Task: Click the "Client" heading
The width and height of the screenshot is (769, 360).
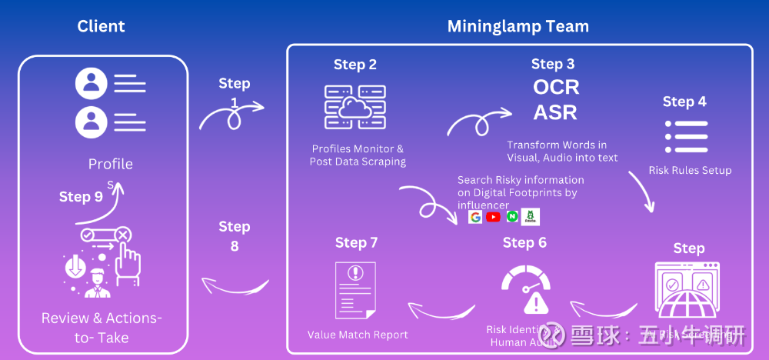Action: click(101, 27)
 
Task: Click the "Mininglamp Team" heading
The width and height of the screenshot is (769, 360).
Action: click(518, 27)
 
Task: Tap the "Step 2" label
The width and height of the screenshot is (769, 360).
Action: click(355, 65)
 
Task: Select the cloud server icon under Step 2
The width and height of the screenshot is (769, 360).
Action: click(355, 107)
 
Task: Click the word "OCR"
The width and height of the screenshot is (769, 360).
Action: click(556, 87)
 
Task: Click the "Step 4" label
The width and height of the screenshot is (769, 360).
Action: click(684, 102)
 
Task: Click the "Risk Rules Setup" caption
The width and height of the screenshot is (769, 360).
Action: click(690, 170)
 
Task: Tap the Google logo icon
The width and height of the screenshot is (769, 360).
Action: click(475, 217)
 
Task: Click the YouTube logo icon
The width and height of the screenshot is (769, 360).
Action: click(493, 217)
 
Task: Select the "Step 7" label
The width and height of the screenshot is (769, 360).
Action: click(356, 243)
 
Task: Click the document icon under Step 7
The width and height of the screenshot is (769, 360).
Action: click(355, 290)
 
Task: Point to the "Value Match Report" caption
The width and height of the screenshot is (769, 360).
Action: click(358, 335)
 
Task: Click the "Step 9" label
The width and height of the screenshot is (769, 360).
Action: click(81, 197)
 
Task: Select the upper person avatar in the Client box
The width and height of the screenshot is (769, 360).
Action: click(91, 83)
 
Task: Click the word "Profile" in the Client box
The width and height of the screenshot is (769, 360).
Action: click(110, 164)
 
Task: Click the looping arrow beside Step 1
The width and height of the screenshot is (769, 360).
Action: click(231, 113)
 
